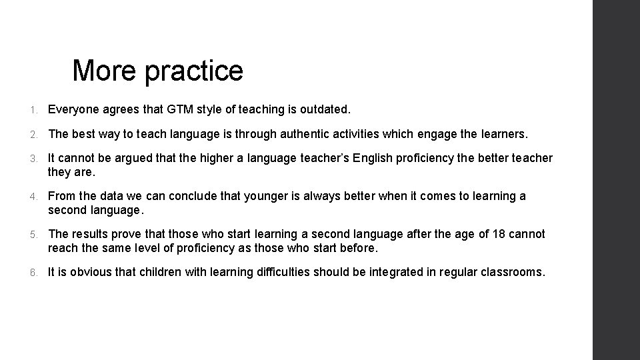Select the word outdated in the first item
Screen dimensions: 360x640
(326, 109)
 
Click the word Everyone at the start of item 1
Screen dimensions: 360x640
(74, 109)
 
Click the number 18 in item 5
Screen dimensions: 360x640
(499, 234)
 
